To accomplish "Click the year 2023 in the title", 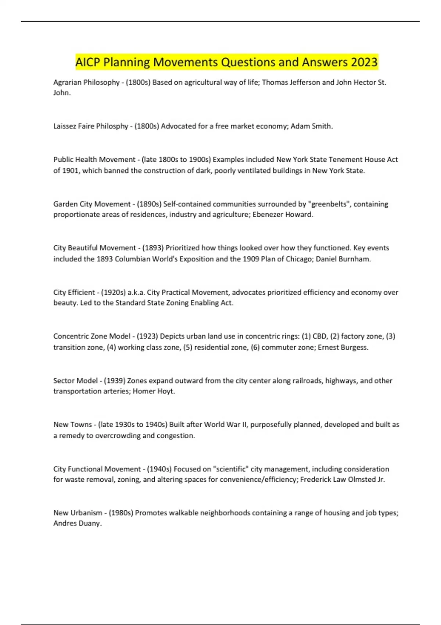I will tap(364, 62).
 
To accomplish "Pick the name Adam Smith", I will tap(311, 126).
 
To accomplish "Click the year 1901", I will tap(71, 171).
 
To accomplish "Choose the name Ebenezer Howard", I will tap(283, 215).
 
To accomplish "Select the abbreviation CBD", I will tap(319, 336).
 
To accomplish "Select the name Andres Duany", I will tap(77, 524).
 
